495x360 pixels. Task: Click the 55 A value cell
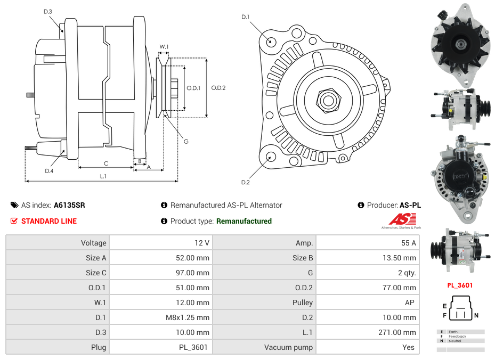(408, 243)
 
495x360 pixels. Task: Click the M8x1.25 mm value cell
(188, 317)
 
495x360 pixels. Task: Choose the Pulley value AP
(411, 302)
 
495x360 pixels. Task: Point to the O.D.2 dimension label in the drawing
(218, 88)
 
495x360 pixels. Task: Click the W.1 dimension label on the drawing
(164, 47)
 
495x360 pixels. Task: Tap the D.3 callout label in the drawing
(48, 11)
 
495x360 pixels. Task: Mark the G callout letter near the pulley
(186, 141)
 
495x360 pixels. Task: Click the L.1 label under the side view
(103, 176)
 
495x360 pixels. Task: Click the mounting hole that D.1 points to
(271, 42)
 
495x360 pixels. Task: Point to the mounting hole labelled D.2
(271, 157)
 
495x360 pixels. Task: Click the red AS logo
(402, 219)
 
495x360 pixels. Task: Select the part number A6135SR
(69, 205)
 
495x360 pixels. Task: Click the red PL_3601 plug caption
(460, 285)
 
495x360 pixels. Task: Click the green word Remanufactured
(244, 221)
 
